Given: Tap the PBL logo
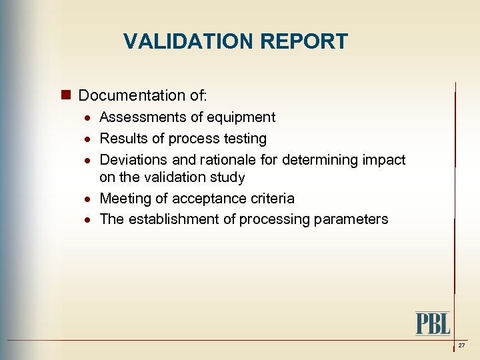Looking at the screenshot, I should click(x=433, y=323).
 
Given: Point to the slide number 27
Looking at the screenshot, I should click(x=461, y=345).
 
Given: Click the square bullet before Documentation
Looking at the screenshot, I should click(x=67, y=96).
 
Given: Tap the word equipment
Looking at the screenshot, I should click(x=242, y=117).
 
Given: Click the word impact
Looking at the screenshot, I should click(x=384, y=160).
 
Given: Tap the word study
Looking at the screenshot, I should click(x=227, y=177).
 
